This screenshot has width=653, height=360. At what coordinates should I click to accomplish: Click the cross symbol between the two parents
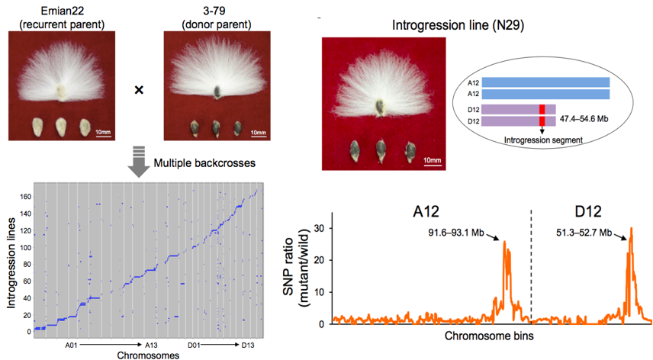coord(139,90)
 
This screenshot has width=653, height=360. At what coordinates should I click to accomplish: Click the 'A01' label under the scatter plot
coord(73,345)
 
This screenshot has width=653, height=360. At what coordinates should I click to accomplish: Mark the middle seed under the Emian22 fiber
coord(59,125)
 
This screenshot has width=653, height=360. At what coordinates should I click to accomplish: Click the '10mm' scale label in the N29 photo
coord(432,159)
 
